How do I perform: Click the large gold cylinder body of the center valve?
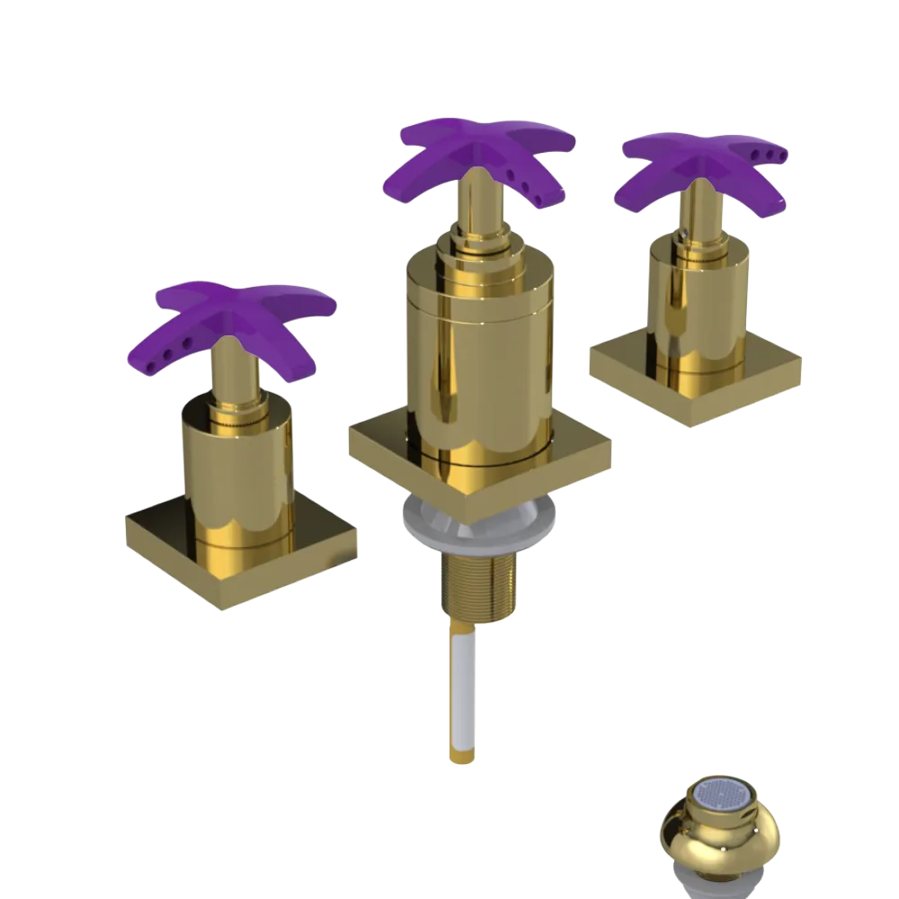pyautogui.click(x=476, y=360)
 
